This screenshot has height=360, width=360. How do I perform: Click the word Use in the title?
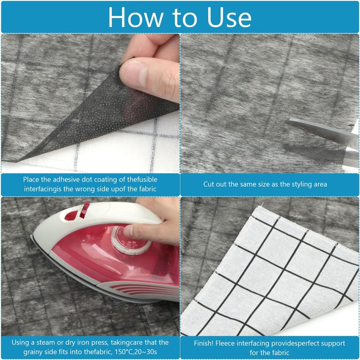pyautogui.click(x=229, y=17)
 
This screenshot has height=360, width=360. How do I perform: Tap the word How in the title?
pyautogui.click(x=135, y=17)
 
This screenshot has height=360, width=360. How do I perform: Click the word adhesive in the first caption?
pyautogui.click(x=67, y=180)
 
